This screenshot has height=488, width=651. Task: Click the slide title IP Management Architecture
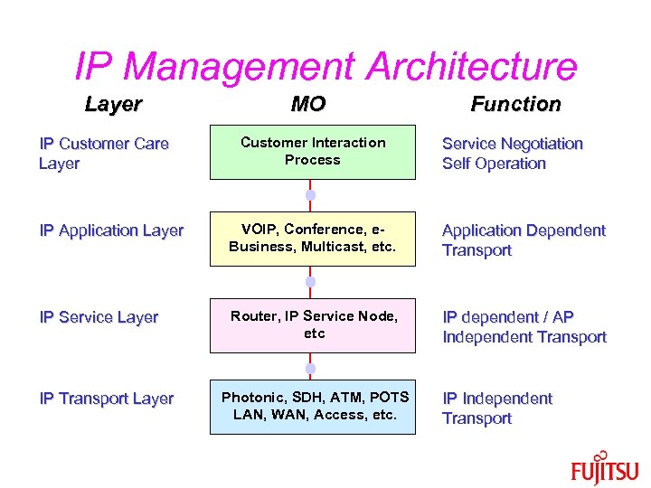[325, 66]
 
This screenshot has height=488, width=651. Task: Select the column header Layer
[113, 104]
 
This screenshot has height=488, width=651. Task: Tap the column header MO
[308, 104]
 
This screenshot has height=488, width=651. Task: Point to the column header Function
[515, 104]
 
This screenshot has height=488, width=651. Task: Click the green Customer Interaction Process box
[313, 151]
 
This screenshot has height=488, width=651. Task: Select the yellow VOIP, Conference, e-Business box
[313, 239]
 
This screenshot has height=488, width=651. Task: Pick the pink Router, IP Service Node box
[313, 325]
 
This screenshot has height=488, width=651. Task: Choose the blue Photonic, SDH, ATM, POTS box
[313, 407]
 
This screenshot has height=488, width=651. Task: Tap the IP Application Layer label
[111, 230]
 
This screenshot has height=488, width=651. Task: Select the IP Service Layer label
[99, 317]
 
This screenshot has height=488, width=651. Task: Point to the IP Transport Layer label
[107, 399]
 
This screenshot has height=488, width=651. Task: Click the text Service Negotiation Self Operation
[512, 154]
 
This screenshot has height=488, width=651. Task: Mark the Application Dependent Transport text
[523, 240]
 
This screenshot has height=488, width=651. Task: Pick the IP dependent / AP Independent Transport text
[524, 327]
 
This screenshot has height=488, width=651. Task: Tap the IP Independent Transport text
[496, 408]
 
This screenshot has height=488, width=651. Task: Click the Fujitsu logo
[604, 470]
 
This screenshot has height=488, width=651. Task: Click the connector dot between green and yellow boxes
[309, 195]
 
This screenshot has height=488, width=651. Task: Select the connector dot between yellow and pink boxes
[309, 282]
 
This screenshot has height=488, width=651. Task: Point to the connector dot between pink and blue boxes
[309, 368]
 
